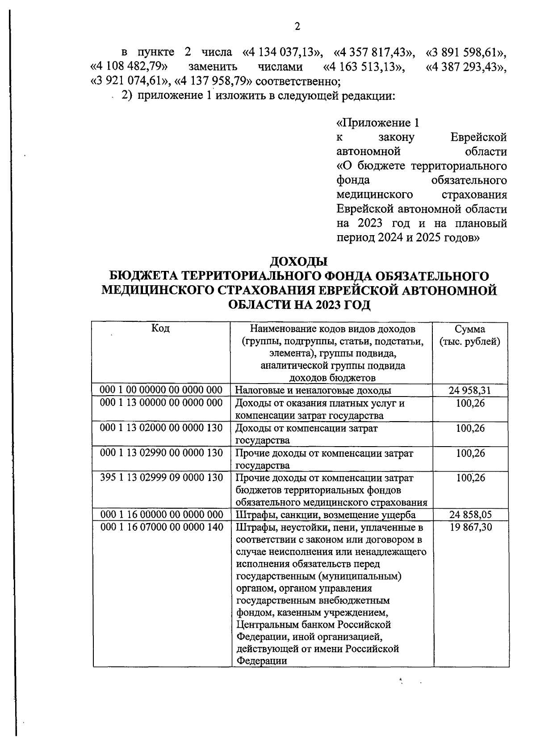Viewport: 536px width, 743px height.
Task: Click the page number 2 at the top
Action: tap(297, 27)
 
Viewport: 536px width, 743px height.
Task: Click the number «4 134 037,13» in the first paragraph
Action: tap(282, 52)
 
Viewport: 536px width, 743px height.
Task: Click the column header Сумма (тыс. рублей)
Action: tap(470, 335)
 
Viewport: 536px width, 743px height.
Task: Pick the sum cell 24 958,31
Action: tap(470, 390)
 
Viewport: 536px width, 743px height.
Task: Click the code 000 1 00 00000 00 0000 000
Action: tap(161, 390)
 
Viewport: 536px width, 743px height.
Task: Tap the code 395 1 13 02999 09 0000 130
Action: tap(161, 477)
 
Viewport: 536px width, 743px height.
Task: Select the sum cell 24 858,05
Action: tap(470, 515)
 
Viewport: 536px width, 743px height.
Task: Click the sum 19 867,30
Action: tap(471, 528)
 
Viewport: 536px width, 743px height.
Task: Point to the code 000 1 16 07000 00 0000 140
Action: tap(162, 528)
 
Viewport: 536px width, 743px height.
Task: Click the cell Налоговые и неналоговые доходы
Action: tap(313, 390)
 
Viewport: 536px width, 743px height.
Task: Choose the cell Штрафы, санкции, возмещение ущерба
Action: tap(326, 515)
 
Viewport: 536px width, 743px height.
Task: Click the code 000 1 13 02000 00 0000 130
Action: tap(161, 428)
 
